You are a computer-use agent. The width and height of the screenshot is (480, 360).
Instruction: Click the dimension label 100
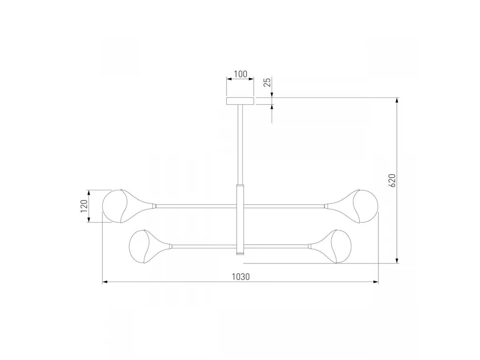coord(240,74)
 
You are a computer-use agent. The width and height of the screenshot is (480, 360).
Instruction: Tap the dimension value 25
coord(268,82)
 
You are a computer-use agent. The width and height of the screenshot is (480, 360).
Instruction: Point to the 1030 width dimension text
coord(240,277)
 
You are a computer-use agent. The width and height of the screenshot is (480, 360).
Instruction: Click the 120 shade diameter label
coord(84,206)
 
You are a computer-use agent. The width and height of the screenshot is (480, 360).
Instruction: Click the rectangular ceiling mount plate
coord(240,101)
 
